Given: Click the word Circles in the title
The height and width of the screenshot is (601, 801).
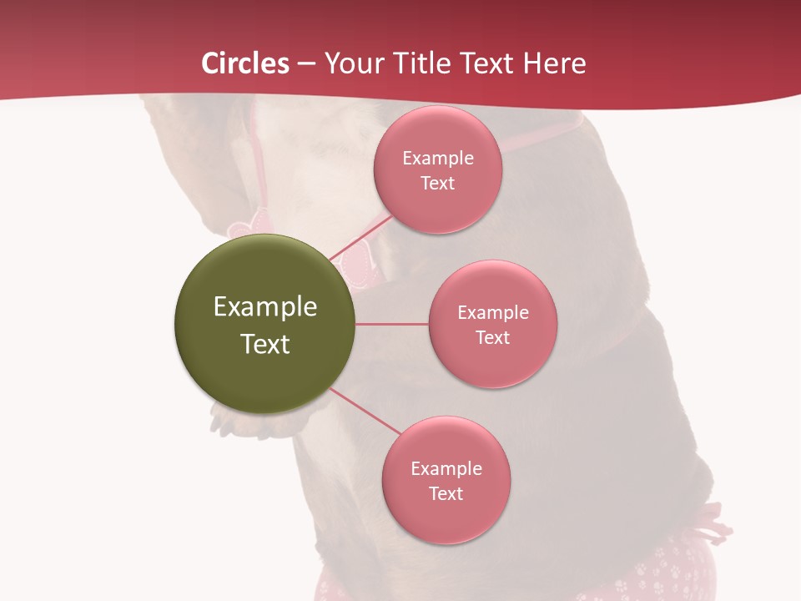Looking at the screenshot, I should [x=244, y=63].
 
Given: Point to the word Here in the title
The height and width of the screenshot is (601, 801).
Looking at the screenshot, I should [x=554, y=63].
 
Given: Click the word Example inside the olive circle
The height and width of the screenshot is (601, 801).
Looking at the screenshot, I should [x=264, y=307].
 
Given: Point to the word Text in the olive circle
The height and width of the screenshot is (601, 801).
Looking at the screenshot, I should [x=264, y=344].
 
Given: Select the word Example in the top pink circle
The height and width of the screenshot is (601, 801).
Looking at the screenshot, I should [x=437, y=158].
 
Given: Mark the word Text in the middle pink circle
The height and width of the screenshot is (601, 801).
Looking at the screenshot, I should [x=492, y=337].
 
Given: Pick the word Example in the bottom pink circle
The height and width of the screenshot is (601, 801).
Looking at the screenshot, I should [x=446, y=468].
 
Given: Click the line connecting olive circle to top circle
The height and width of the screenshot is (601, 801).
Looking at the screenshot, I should [x=360, y=237].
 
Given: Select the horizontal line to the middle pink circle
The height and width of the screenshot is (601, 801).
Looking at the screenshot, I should [x=391, y=324].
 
